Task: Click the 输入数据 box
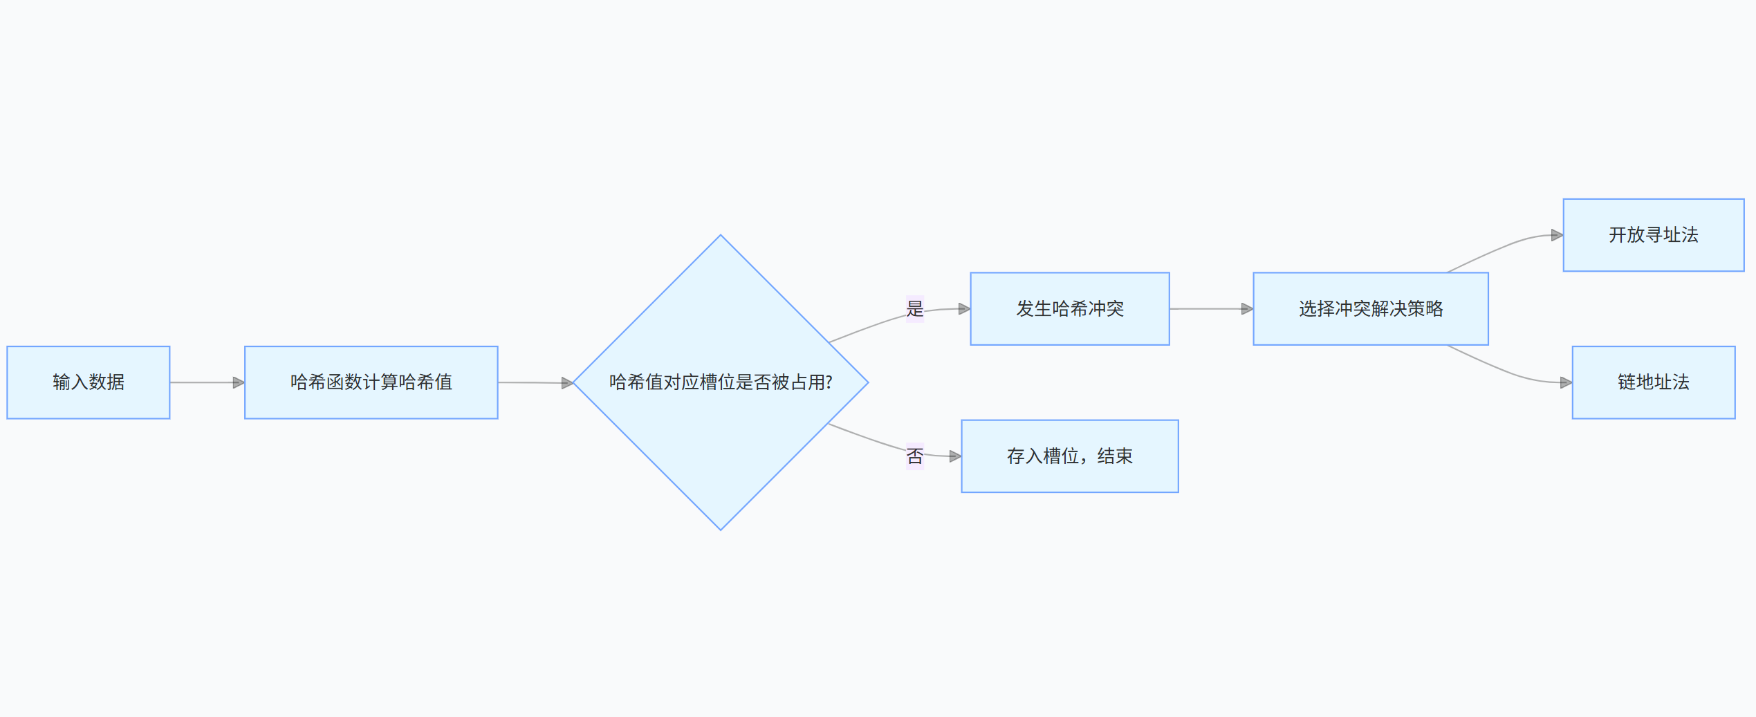(x=89, y=382)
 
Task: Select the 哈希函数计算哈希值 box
(x=371, y=382)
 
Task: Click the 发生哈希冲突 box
(x=1070, y=309)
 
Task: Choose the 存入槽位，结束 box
(x=1070, y=456)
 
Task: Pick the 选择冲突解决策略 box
(x=1371, y=309)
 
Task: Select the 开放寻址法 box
(x=1654, y=235)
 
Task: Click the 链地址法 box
(x=1654, y=382)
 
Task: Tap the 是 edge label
(x=915, y=308)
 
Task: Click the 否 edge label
(x=915, y=456)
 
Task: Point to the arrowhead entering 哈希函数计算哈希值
(x=239, y=382)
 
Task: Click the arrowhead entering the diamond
(x=567, y=383)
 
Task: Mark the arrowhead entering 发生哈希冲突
(x=965, y=309)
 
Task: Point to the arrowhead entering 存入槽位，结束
(x=956, y=456)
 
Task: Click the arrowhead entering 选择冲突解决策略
(x=1248, y=309)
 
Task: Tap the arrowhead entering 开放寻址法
(x=1558, y=235)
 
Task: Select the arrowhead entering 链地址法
(x=1566, y=382)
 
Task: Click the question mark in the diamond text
(x=829, y=382)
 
